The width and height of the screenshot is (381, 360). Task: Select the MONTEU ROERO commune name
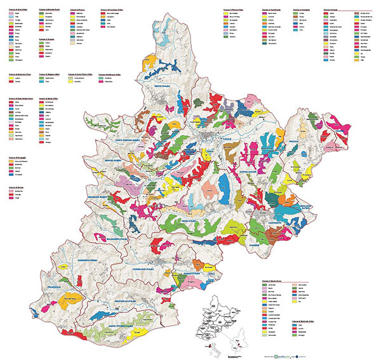118,163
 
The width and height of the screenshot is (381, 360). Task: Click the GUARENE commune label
255,244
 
